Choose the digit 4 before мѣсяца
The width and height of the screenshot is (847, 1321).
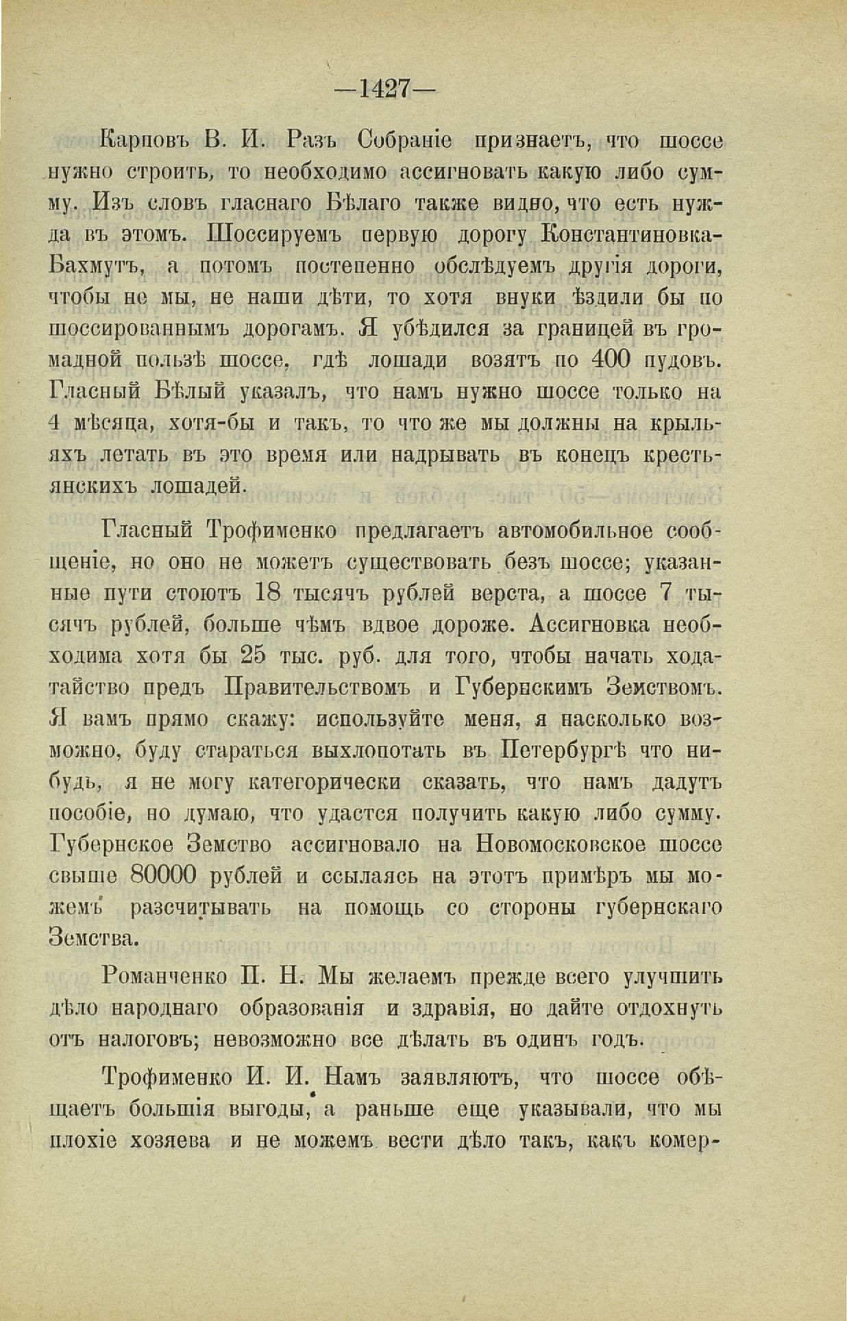tap(56, 423)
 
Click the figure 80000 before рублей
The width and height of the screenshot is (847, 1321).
tap(162, 876)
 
